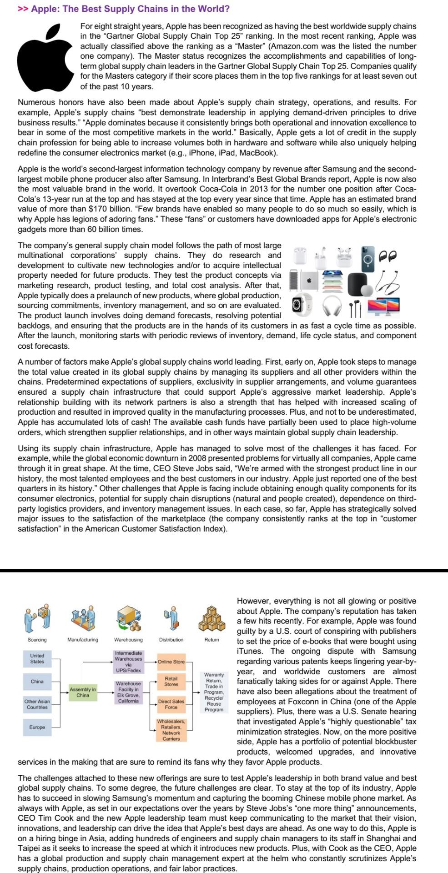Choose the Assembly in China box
tap(83, 692)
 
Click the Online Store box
tap(171, 662)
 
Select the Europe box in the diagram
tap(37, 727)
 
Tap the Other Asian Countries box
tap(37, 704)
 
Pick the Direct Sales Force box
tap(171, 704)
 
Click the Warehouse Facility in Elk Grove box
tap(128, 692)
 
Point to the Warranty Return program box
tap(214, 692)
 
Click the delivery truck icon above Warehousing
tap(128, 618)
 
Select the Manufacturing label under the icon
tap(83, 640)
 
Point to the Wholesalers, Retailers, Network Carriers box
tap(171, 730)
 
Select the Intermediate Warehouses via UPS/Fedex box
tap(128, 662)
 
